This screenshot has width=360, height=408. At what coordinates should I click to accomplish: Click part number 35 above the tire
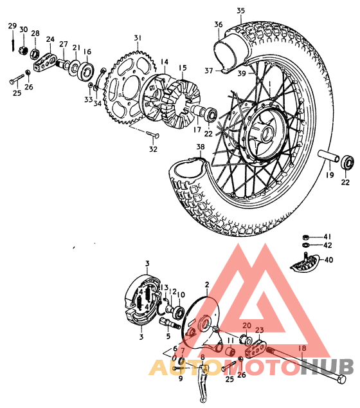click(x=241, y=10)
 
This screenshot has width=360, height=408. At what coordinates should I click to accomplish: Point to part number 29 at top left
click(x=12, y=26)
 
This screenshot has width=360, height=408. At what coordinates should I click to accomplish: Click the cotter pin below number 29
click(x=13, y=43)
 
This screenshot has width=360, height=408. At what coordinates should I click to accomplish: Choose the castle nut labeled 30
click(x=22, y=49)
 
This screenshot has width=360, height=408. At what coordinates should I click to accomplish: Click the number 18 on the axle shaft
click(x=302, y=348)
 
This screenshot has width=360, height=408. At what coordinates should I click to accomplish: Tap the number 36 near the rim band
click(x=219, y=24)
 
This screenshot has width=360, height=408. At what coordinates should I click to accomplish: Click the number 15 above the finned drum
click(x=183, y=67)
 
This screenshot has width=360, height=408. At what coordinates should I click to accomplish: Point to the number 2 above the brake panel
click(x=207, y=284)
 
